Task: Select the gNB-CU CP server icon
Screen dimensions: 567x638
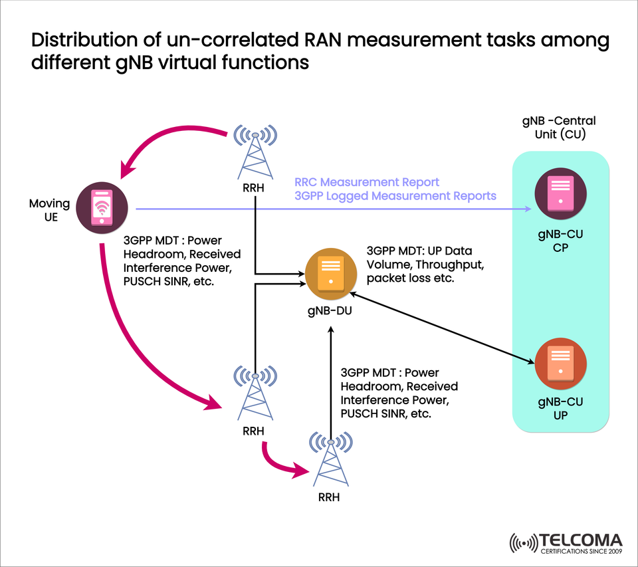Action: (x=560, y=193)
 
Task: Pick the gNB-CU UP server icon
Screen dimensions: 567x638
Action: (x=560, y=364)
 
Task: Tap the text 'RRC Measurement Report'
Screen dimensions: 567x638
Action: (x=367, y=182)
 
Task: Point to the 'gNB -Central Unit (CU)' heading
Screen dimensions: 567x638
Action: (x=559, y=127)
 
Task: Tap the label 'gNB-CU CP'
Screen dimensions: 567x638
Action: (x=560, y=241)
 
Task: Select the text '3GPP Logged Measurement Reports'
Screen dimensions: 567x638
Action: (x=395, y=195)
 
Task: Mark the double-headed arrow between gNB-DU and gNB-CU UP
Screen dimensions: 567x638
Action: (x=445, y=327)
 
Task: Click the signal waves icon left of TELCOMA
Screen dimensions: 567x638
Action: (x=523, y=542)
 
